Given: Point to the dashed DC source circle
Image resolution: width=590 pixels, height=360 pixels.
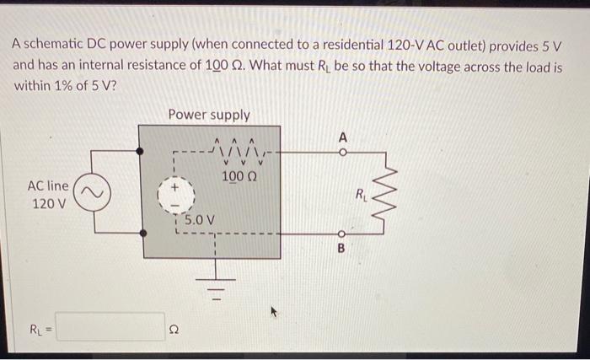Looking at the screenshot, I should click(177, 196).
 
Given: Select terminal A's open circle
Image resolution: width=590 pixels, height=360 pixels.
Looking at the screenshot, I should click(342, 153).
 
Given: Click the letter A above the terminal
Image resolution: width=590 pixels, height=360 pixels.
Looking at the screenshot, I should click(342, 136).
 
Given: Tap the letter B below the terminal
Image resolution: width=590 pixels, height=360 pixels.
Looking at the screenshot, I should click(342, 250).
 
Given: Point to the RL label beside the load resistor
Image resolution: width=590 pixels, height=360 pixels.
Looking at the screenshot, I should click(361, 197).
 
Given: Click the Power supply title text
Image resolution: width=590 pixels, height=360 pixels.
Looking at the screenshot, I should click(208, 115).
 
